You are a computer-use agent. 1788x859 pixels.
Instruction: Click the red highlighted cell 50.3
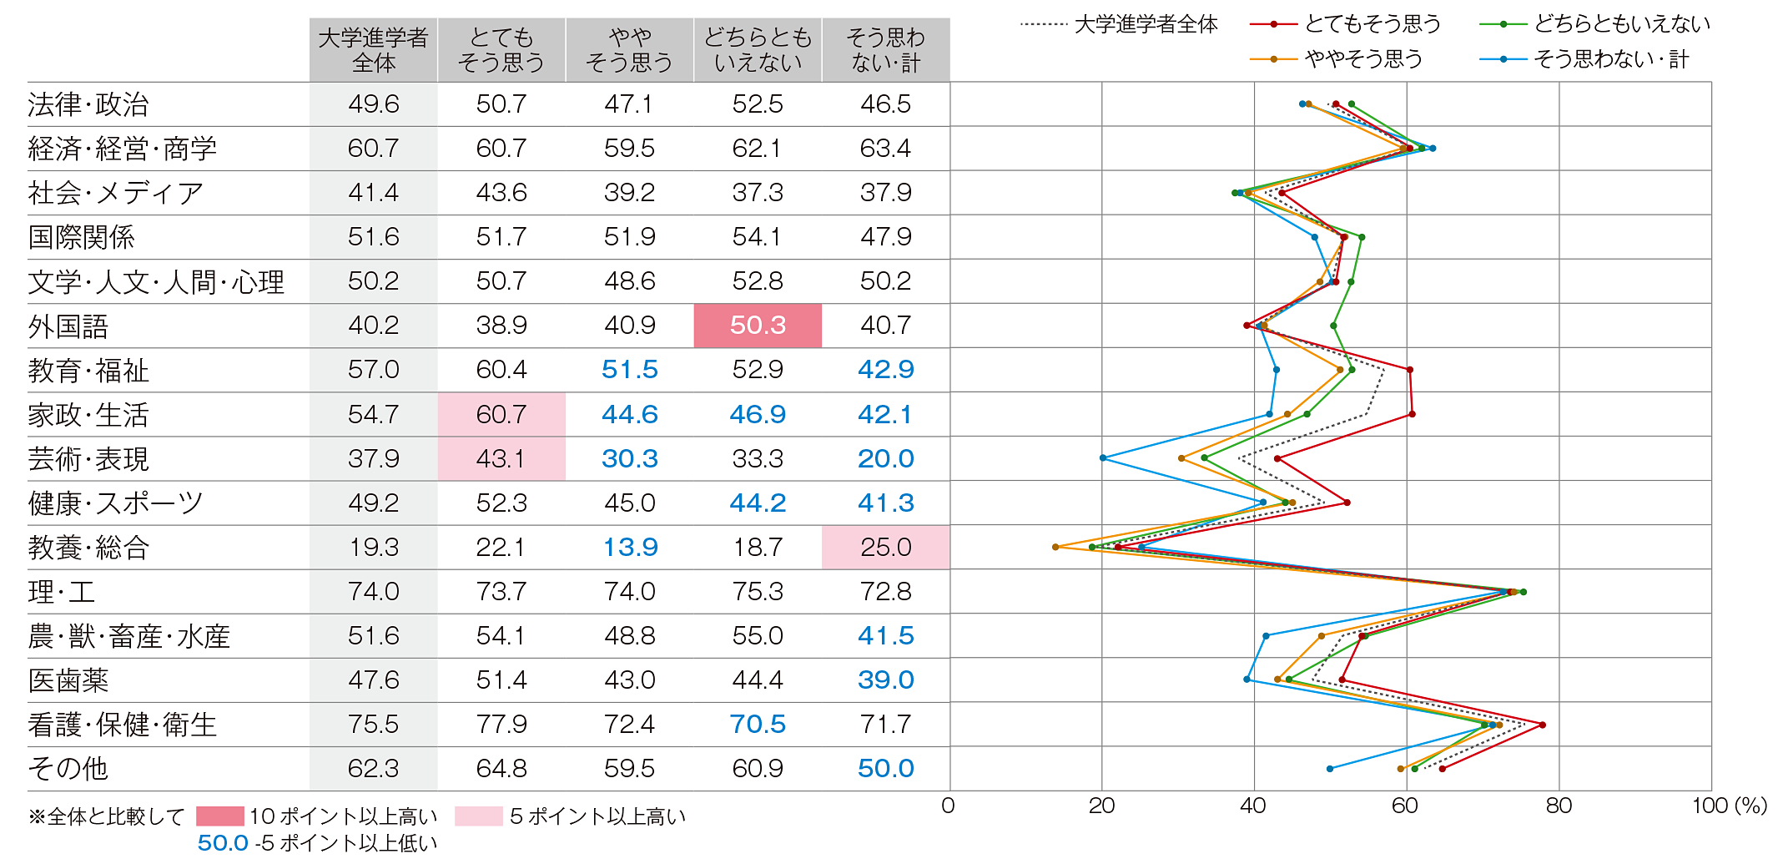tap(758, 326)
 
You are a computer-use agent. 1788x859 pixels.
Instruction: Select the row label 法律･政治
tap(88, 104)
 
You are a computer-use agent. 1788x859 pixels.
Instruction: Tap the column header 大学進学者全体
tap(373, 50)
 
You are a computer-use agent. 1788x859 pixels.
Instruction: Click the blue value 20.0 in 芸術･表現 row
tap(885, 458)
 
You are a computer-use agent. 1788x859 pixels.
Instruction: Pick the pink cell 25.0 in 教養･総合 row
tap(885, 548)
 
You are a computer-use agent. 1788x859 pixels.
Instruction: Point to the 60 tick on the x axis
tap(1405, 806)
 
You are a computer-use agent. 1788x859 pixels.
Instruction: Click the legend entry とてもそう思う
tap(1372, 24)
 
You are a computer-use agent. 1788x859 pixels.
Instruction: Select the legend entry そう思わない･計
tap(1610, 59)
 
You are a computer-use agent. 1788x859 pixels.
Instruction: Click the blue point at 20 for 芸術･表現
tap(1103, 458)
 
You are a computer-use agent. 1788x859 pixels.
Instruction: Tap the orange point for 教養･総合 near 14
tap(1055, 547)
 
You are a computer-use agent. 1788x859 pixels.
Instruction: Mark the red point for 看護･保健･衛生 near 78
tap(1543, 725)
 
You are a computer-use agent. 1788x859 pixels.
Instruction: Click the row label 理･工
tap(62, 592)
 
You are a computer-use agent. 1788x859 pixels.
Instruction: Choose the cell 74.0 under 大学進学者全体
tap(373, 592)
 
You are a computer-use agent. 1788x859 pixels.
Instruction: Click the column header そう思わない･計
tap(885, 50)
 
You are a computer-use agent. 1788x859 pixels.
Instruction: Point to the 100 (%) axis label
tap(1729, 806)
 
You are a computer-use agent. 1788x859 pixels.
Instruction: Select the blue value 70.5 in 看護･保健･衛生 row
tap(758, 725)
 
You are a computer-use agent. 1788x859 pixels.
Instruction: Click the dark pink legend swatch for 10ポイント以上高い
tap(220, 816)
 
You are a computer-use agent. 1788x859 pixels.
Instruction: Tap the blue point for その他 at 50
tap(1330, 769)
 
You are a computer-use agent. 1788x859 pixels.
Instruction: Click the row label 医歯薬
tap(68, 680)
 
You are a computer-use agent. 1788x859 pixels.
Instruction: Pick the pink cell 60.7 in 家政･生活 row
tap(501, 415)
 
